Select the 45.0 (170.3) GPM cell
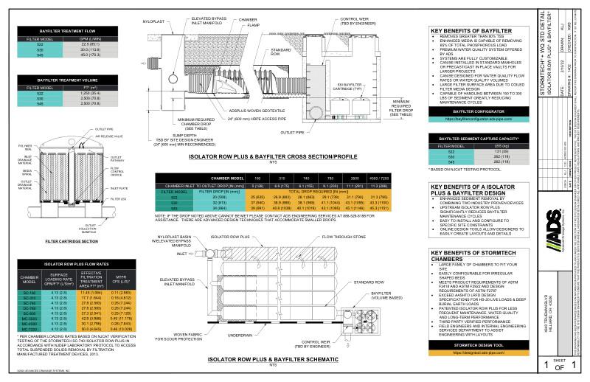tap(91, 53)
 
